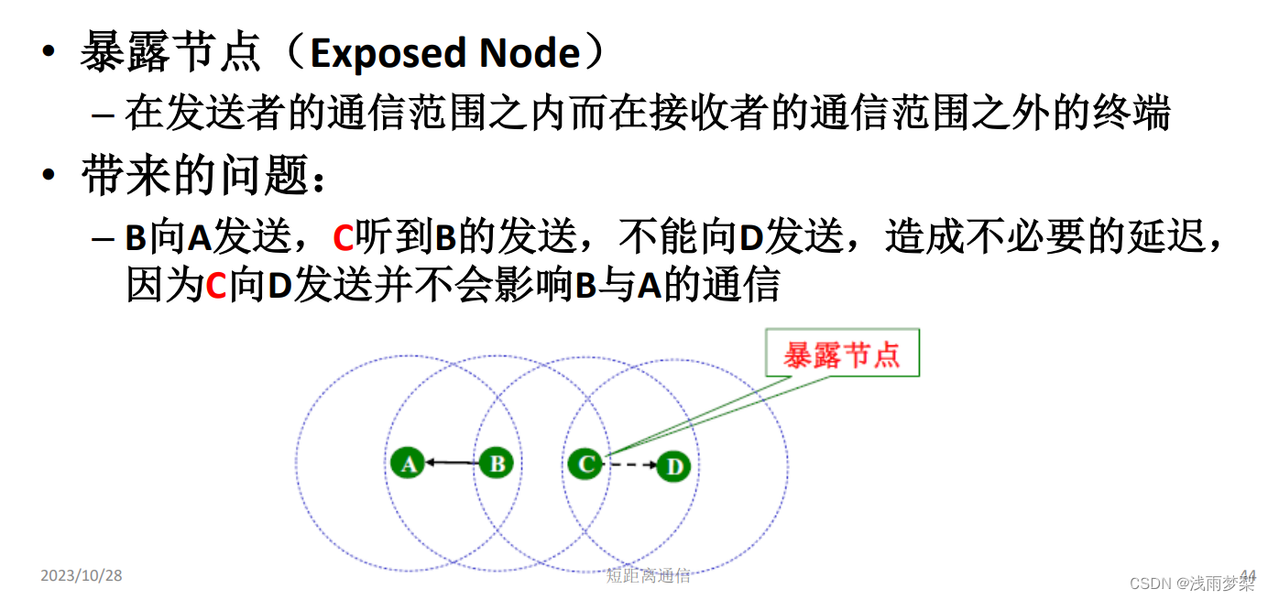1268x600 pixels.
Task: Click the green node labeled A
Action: [409, 464]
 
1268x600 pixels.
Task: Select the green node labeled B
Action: [497, 464]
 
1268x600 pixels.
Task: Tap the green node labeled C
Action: [585, 464]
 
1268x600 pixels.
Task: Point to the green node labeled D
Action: [673, 466]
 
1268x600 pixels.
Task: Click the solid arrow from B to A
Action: [453, 463]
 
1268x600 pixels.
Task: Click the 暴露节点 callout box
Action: [841, 355]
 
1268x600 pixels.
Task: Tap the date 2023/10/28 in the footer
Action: [82, 575]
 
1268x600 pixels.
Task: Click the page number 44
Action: [1248, 575]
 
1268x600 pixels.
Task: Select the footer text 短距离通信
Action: [648, 576]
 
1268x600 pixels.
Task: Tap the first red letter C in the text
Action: [343, 238]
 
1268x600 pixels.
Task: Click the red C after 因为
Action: [215, 286]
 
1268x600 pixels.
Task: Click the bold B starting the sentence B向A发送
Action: [137, 238]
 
